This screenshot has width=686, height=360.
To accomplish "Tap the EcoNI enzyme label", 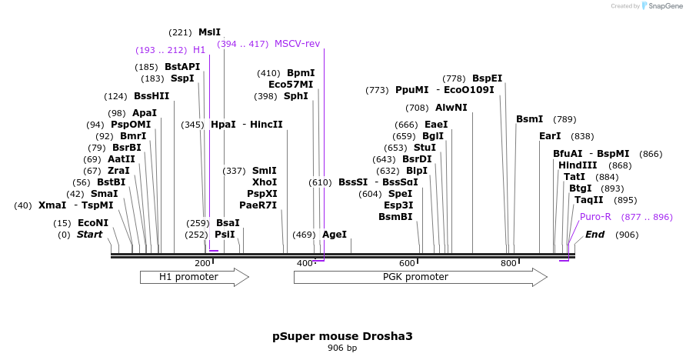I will click(x=93, y=223).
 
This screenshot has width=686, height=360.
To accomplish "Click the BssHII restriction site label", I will click(x=152, y=96).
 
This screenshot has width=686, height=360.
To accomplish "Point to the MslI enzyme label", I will click(x=209, y=32).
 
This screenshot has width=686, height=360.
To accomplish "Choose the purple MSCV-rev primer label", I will click(x=297, y=44).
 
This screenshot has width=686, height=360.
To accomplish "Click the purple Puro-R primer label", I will click(x=595, y=217).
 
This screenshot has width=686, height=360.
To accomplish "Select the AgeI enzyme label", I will click(x=335, y=235).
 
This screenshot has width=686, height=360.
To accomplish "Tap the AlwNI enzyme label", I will click(x=451, y=108).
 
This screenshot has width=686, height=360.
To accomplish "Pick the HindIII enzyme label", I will click(x=578, y=165).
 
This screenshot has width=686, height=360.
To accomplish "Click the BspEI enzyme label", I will click(x=487, y=78).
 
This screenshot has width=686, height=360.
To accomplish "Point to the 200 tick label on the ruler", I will click(x=203, y=264).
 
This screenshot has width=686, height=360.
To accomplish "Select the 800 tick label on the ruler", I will click(x=508, y=264).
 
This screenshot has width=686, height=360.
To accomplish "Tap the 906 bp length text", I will click(x=342, y=348).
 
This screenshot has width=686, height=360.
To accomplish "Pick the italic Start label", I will click(x=89, y=235).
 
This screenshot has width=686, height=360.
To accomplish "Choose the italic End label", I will click(x=595, y=235).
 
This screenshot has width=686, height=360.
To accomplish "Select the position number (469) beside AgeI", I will click(x=304, y=235).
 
